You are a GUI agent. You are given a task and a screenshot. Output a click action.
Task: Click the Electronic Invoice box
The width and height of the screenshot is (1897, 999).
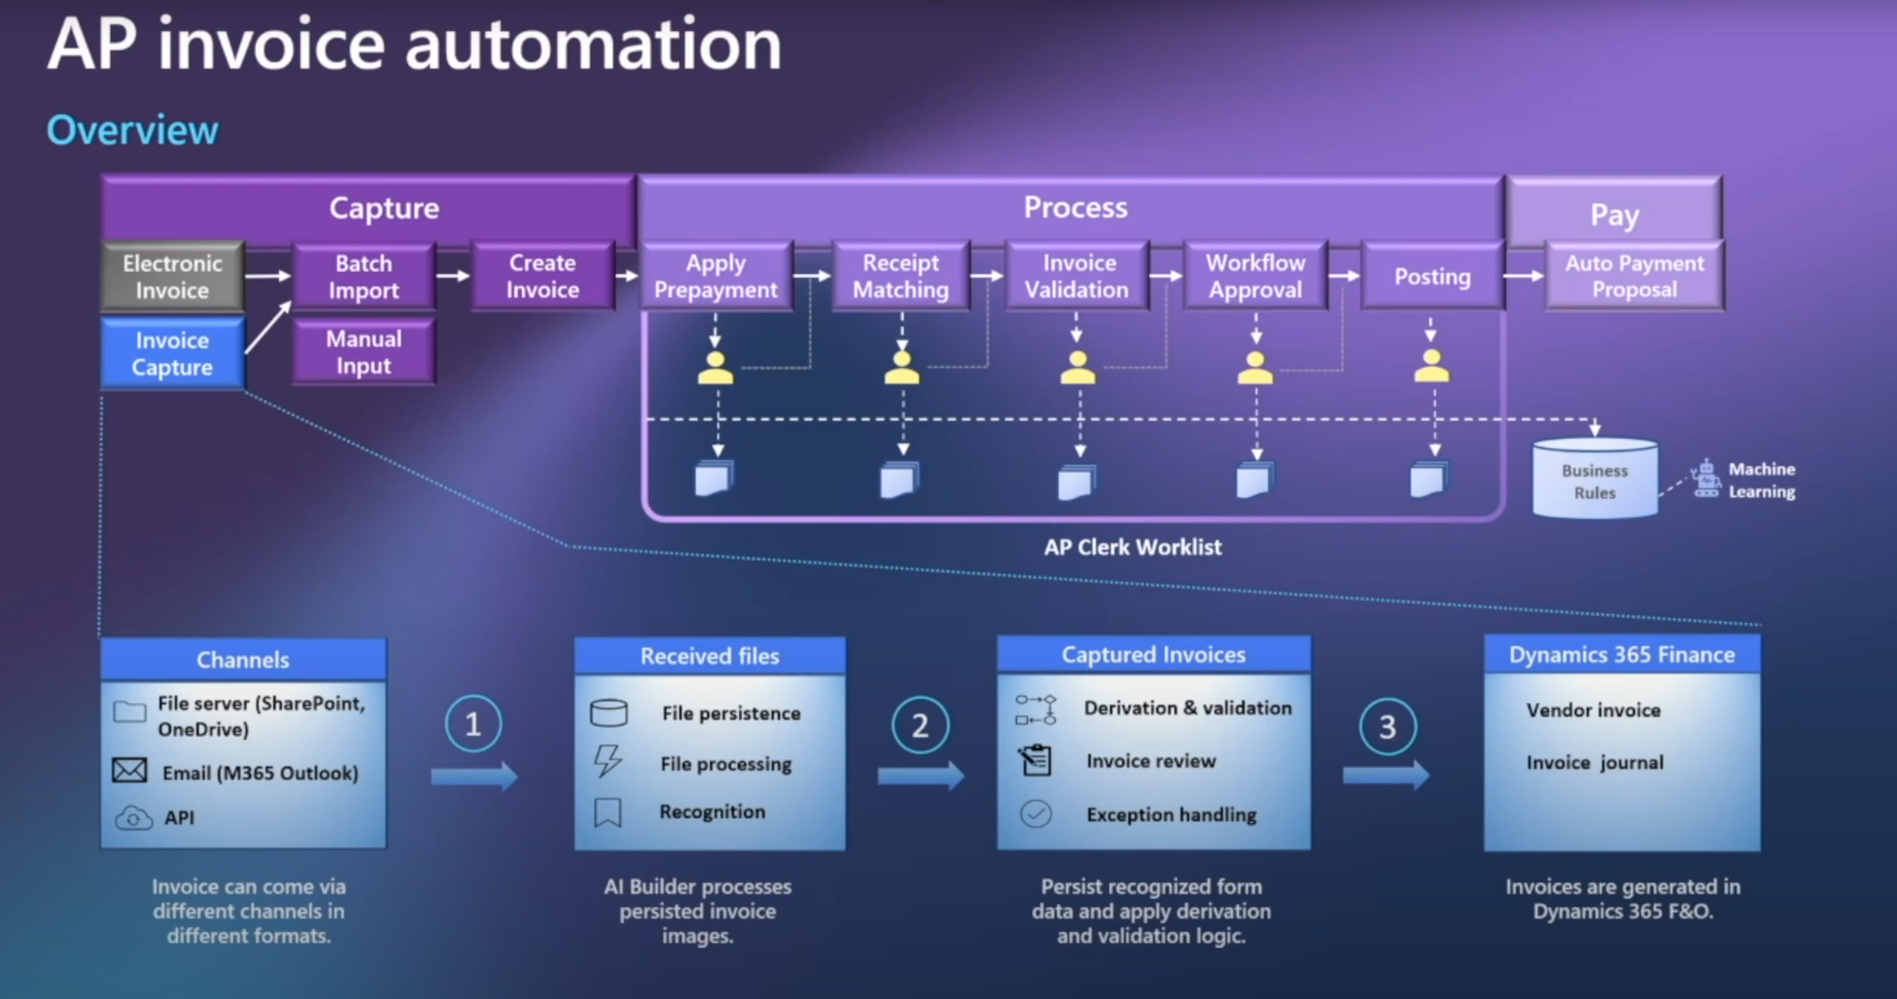point(172,277)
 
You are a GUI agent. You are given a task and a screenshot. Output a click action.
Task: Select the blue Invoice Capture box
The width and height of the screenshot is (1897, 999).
point(172,353)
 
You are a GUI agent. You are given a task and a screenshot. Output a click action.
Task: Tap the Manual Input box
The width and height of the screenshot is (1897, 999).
point(364,352)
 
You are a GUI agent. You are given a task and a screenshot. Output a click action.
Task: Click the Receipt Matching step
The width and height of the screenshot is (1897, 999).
point(901,276)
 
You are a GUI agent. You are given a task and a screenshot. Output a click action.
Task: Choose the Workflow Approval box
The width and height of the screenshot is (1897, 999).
point(1256,276)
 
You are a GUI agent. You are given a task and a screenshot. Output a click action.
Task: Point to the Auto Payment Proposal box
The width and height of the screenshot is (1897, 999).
point(1635,276)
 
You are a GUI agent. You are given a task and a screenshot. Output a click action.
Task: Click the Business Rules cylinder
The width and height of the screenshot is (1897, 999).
point(1595,480)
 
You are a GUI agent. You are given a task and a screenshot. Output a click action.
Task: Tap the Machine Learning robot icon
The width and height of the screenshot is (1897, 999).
point(1706,480)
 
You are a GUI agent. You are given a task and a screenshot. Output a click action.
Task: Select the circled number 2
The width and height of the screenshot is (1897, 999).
point(920,725)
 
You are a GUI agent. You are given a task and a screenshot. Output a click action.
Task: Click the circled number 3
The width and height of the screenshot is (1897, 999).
point(1387,726)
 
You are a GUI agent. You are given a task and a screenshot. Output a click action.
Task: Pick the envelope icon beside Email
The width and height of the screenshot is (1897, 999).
point(130,770)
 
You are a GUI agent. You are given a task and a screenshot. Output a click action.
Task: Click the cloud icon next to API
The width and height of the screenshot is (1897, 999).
point(133,818)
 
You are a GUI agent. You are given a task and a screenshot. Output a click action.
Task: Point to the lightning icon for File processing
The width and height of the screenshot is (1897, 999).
point(607,761)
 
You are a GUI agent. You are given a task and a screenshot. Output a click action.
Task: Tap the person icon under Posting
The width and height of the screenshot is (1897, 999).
point(1431,367)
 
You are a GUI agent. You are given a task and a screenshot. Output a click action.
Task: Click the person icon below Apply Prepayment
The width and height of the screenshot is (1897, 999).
point(715,368)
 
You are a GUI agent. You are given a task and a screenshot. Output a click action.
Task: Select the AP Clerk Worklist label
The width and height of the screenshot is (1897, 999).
point(1133,547)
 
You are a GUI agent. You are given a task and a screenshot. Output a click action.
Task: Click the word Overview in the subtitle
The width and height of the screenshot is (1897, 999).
point(132,130)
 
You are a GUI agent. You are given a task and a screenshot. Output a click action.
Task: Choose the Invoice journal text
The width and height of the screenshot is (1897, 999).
point(1595,762)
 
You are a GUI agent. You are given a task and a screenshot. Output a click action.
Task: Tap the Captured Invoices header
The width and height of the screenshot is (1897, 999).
point(1153,655)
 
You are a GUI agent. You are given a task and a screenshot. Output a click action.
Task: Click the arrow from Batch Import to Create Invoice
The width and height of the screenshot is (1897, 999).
point(453,276)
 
